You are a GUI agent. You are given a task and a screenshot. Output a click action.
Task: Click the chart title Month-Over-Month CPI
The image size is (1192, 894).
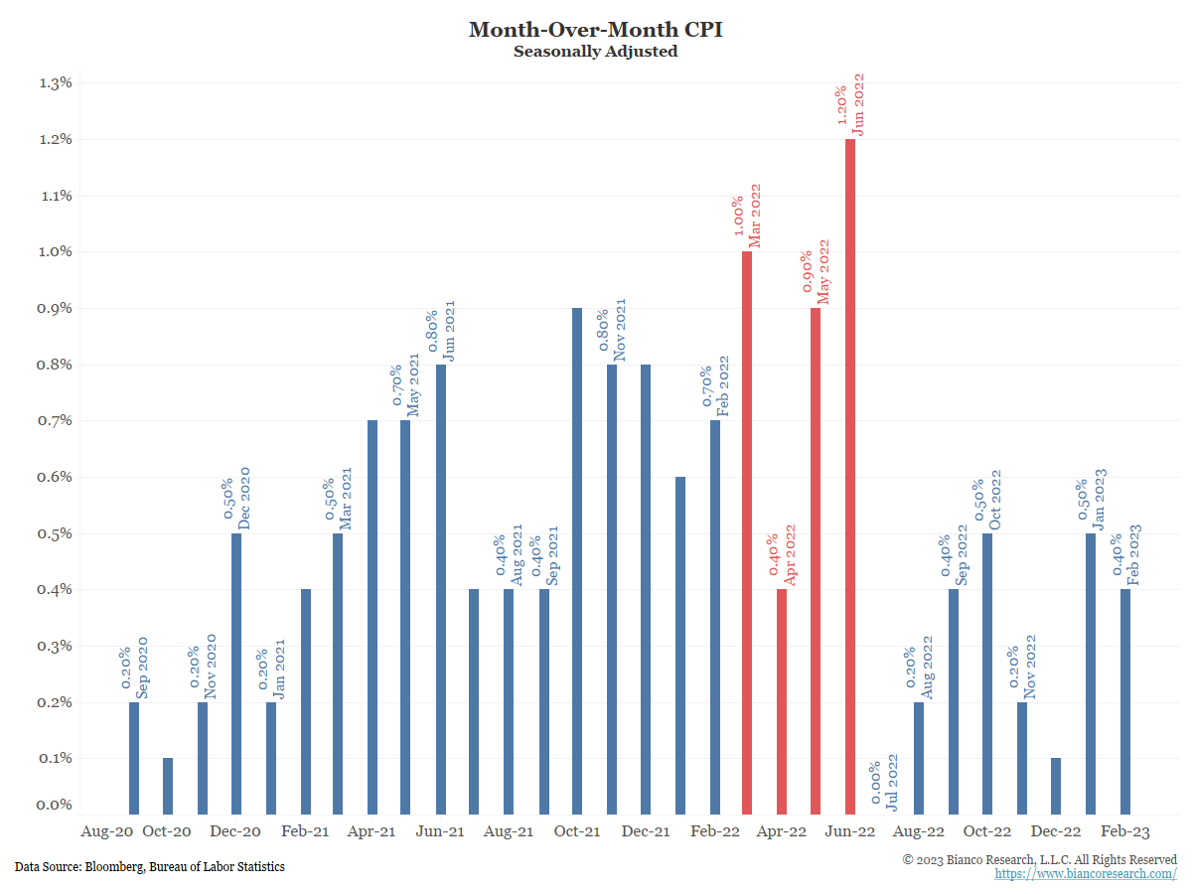point(595,30)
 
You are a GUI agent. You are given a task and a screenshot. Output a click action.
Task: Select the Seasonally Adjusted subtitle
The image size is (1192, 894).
point(595,52)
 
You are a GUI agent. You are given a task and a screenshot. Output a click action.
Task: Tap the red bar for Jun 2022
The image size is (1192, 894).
point(850,477)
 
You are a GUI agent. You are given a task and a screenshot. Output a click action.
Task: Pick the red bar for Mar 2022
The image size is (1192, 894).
point(747,532)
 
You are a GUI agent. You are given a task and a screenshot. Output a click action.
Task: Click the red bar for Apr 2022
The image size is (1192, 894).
point(782,701)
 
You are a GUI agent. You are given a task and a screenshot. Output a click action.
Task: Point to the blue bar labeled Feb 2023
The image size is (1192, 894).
point(1125,701)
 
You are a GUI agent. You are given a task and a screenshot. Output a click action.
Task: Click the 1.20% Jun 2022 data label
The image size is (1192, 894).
point(849,104)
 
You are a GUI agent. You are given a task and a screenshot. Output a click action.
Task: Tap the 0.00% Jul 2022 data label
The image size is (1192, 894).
point(883,785)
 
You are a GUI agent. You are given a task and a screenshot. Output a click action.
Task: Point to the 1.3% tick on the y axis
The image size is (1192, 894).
point(56,82)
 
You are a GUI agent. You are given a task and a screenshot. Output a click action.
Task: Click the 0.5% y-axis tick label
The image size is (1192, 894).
point(56,533)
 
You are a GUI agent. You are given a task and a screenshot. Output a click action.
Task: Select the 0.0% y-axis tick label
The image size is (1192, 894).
point(56,805)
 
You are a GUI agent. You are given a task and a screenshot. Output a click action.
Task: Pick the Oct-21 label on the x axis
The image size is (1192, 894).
point(577,831)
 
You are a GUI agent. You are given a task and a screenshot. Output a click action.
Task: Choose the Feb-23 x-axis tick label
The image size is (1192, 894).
point(1124,831)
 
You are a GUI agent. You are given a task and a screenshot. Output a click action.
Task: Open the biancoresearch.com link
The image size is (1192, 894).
point(1086,874)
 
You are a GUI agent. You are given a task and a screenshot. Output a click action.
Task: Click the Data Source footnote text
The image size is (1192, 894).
point(150,867)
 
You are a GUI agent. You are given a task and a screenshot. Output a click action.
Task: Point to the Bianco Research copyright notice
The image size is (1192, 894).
point(1039,859)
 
